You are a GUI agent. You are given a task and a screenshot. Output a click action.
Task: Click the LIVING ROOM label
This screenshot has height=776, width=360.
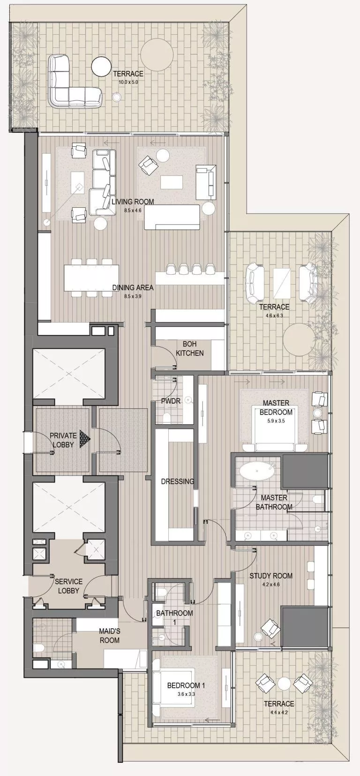pyautogui.click(x=133, y=202)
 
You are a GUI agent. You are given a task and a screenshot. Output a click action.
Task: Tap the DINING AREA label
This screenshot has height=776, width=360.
pyautogui.click(x=133, y=287)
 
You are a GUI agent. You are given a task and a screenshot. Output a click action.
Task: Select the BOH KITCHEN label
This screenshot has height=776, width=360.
pyautogui.click(x=189, y=348)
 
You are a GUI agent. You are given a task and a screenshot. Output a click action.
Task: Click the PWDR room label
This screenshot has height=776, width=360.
pyautogui.click(x=170, y=401)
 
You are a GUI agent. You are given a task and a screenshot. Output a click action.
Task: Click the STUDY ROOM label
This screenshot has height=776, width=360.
pyautogui.click(x=271, y=576)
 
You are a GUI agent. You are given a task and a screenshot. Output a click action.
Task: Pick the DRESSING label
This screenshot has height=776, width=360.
pyautogui.click(x=177, y=482)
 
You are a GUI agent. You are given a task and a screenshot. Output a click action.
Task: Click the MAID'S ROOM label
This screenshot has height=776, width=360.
pyautogui.click(x=109, y=636)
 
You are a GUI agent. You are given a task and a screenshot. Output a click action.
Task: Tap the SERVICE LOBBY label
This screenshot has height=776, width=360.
pyautogui.click(x=68, y=586)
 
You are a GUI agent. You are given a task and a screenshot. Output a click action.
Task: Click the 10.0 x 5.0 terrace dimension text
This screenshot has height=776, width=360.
pyautogui.click(x=128, y=82)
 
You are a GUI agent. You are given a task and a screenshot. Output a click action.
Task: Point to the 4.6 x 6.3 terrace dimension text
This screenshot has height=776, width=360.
pyautogui.click(x=274, y=316)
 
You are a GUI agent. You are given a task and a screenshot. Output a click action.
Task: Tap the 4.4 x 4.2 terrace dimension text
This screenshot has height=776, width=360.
pyautogui.click(x=278, y=713)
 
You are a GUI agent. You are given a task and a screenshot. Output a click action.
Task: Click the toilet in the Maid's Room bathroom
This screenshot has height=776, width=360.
pyautogui.click(x=39, y=648)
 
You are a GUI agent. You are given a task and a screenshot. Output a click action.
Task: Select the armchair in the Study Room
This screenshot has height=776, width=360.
pyautogui.click(x=270, y=627)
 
